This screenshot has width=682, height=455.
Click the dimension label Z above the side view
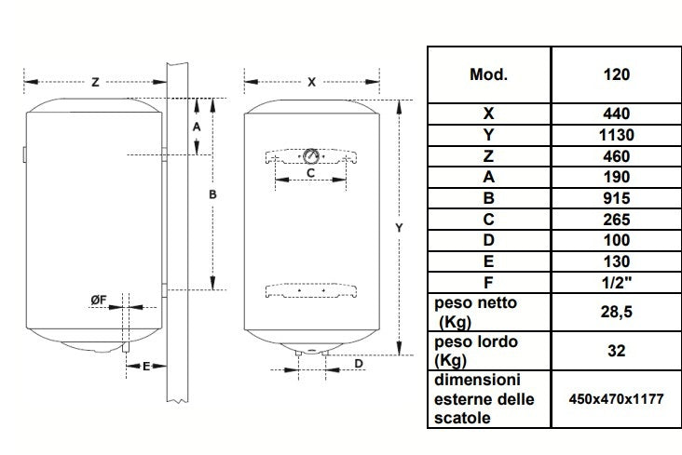click(x=95, y=82)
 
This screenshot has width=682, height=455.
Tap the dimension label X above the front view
click(x=311, y=82)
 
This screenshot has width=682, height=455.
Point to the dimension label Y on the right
click(x=399, y=226)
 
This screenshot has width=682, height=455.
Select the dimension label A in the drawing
click(x=197, y=126)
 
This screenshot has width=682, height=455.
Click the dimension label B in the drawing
click(x=212, y=194)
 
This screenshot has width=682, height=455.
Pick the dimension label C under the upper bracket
click(x=310, y=172)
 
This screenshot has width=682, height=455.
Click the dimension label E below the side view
click(x=146, y=368)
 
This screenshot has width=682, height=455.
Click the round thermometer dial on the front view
click(x=311, y=155)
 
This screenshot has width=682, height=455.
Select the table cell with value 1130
click(x=616, y=135)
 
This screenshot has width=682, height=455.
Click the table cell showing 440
click(x=616, y=114)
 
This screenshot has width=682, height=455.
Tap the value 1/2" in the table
click(x=616, y=281)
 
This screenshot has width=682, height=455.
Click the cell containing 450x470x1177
click(x=616, y=399)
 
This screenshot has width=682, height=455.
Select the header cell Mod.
click(x=489, y=74)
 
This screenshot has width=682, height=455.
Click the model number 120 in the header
click(x=616, y=74)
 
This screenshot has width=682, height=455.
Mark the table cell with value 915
click(x=616, y=198)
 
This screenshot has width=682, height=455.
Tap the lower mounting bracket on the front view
click(x=310, y=289)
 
